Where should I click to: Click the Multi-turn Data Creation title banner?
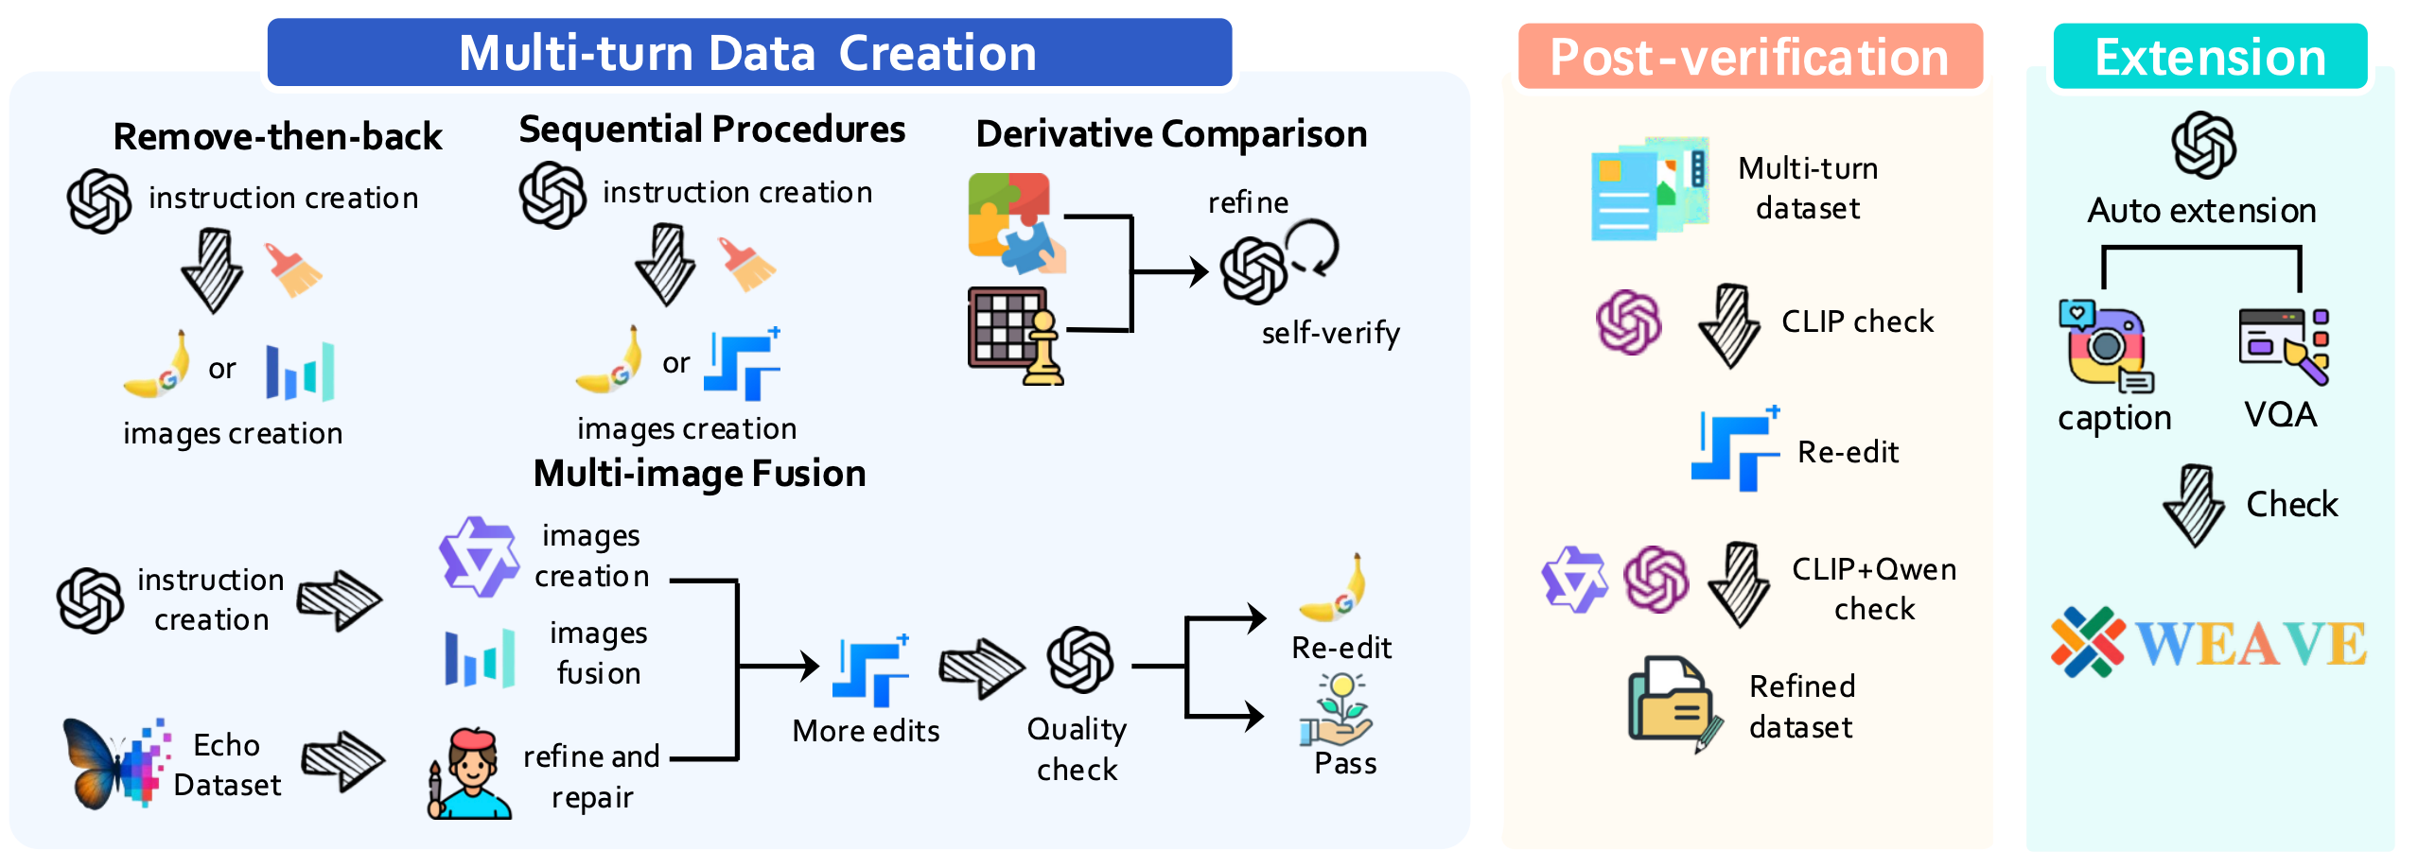[x=748, y=53]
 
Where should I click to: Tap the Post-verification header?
[x=1749, y=57]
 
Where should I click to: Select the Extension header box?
[x=2210, y=57]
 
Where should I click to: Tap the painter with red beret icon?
[x=469, y=773]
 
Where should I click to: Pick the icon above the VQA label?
[x=2283, y=346]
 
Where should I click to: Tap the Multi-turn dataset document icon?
[x=1648, y=188]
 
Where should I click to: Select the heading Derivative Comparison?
[x=1171, y=134]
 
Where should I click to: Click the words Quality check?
[x=1077, y=749]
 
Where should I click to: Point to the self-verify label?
[x=1330, y=333]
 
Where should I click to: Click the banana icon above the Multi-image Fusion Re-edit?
[x=1335, y=588]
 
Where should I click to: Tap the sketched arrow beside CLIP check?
[x=1728, y=325]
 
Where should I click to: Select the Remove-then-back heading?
[x=277, y=137]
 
